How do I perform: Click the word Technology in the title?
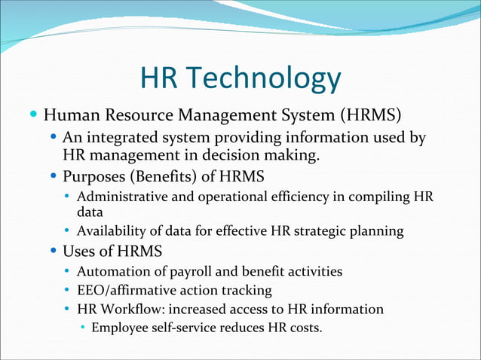coord(263,79)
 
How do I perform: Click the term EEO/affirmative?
coord(125,290)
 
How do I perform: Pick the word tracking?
coord(246,290)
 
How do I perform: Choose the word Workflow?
coord(128,309)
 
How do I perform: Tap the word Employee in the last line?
coord(120,328)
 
